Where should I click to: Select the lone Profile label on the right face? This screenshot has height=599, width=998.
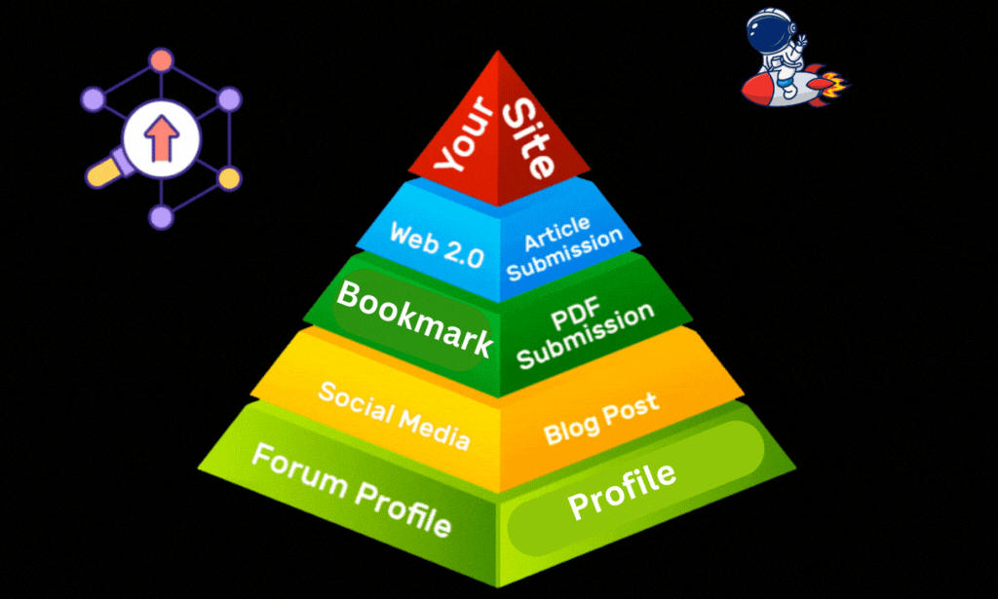pyautogui.click(x=622, y=491)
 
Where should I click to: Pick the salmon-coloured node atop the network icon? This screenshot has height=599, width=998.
pyautogui.click(x=161, y=59)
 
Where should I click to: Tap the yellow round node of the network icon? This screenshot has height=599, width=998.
pyautogui.click(x=228, y=177)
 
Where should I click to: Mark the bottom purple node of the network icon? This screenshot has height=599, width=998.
pyautogui.click(x=160, y=216)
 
